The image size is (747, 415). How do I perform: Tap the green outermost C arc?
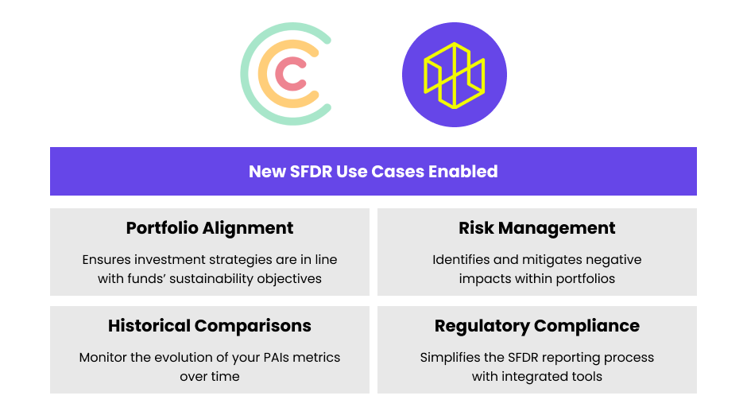tap(247, 74)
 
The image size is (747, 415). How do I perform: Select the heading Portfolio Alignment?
tap(210, 228)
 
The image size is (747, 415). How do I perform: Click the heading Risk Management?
tap(537, 228)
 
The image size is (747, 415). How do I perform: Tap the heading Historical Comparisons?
tap(210, 326)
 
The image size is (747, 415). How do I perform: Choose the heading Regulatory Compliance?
tap(537, 326)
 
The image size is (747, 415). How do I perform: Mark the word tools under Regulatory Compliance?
tap(586, 377)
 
